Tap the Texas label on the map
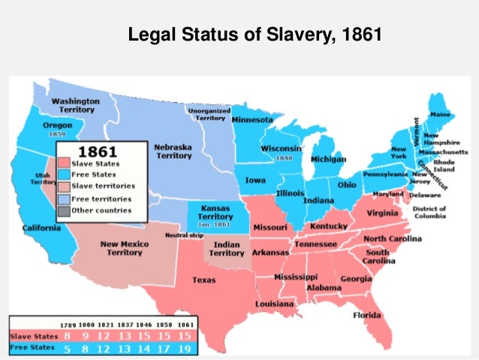point(204,280)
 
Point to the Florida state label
point(367,315)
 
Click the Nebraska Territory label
point(173,151)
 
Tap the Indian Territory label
point(226,249)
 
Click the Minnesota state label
point(253,119)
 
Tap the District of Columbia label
point(429,213)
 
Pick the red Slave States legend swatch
point(65,163)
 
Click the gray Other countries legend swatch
point(65,210)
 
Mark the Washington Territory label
point(74,105)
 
